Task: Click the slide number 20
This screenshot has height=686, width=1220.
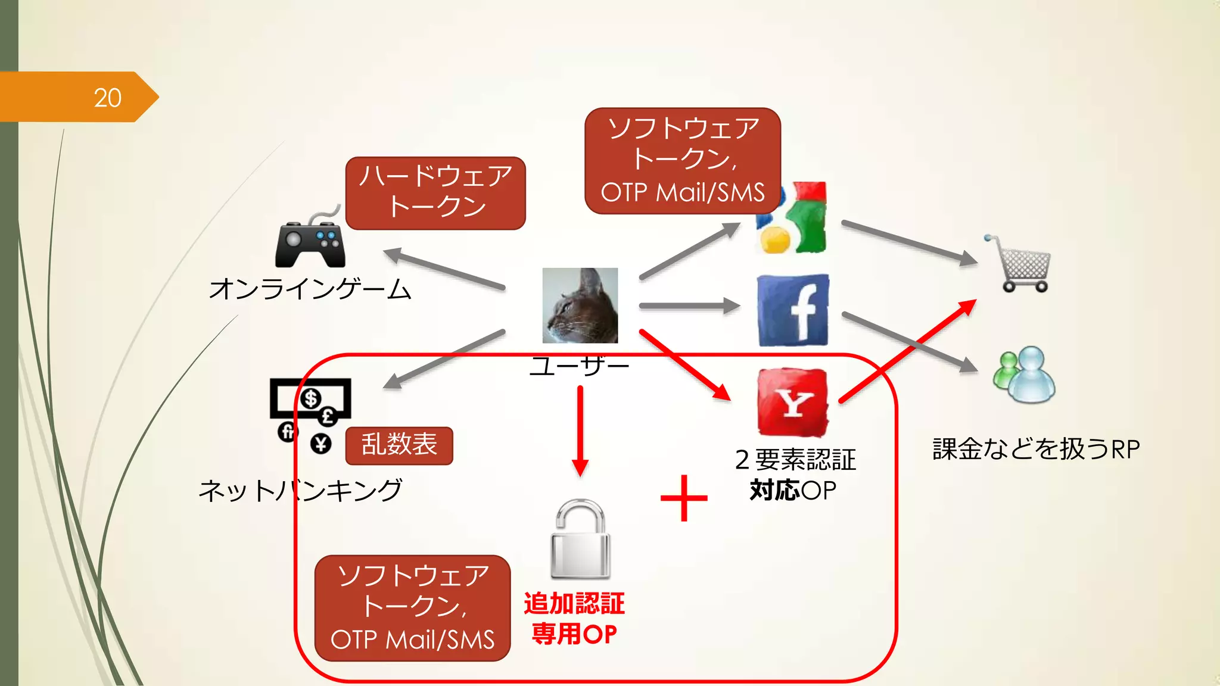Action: tap(107, 98)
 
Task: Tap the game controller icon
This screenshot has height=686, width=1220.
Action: tap(310, 241)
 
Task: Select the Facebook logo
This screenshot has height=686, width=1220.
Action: tap(793, 310)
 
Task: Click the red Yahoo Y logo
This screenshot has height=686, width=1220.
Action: tap(793, 403)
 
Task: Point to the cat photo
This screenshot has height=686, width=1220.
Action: tap(580, 305)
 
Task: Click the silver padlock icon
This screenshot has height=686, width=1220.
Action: tap(580, 540)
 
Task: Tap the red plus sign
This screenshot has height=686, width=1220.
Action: tap(684, 498)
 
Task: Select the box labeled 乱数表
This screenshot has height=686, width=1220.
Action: tap(399, 445)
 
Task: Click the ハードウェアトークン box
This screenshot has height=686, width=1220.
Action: tap(435, 193)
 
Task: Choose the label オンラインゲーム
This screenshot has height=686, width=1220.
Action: tap(310, 289)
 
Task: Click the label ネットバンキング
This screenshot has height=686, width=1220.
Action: tap(300, 491)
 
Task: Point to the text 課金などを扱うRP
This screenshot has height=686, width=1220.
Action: tap(1035, 449)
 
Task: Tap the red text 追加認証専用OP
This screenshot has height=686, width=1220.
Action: tap(574, 619)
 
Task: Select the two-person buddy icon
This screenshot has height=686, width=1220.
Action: tap(1023, 375)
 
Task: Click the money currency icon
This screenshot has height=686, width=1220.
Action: tap(310, 414)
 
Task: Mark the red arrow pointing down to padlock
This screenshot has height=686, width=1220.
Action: tap(580, 430)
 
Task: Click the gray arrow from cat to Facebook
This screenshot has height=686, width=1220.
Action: tap(688, 306)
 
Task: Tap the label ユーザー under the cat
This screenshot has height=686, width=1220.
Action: tap(579, 365)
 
